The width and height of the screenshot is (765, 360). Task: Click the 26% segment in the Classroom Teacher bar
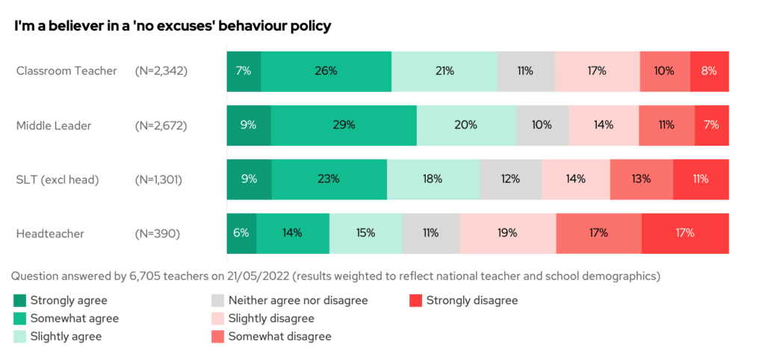pos(326,71)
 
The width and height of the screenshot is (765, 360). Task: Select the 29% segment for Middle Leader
pos(344,125)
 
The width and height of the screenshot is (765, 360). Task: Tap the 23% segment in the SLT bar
pos(329,179)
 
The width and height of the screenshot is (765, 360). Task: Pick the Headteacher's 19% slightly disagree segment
pos(507,233)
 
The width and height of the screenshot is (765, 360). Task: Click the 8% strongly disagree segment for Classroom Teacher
pos(709,71)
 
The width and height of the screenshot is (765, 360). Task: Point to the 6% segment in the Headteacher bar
pos(241,233)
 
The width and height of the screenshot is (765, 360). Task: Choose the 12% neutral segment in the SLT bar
pos(510,179)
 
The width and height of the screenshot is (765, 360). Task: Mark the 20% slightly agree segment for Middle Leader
pos(466,125)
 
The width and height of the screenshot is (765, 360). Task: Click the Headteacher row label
pos(50,234)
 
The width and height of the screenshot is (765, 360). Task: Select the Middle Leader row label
pos(54,125)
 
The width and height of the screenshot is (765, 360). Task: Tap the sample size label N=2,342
pos(161,71)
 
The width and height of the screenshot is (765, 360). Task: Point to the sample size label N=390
pos(157,234)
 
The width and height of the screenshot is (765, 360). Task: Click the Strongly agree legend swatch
pos(19,301)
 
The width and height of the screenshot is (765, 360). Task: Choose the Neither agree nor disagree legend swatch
pos(217,301)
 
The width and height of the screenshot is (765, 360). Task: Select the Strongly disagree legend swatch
pos(415,301)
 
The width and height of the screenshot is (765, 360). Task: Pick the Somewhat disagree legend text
pos(279,337)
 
